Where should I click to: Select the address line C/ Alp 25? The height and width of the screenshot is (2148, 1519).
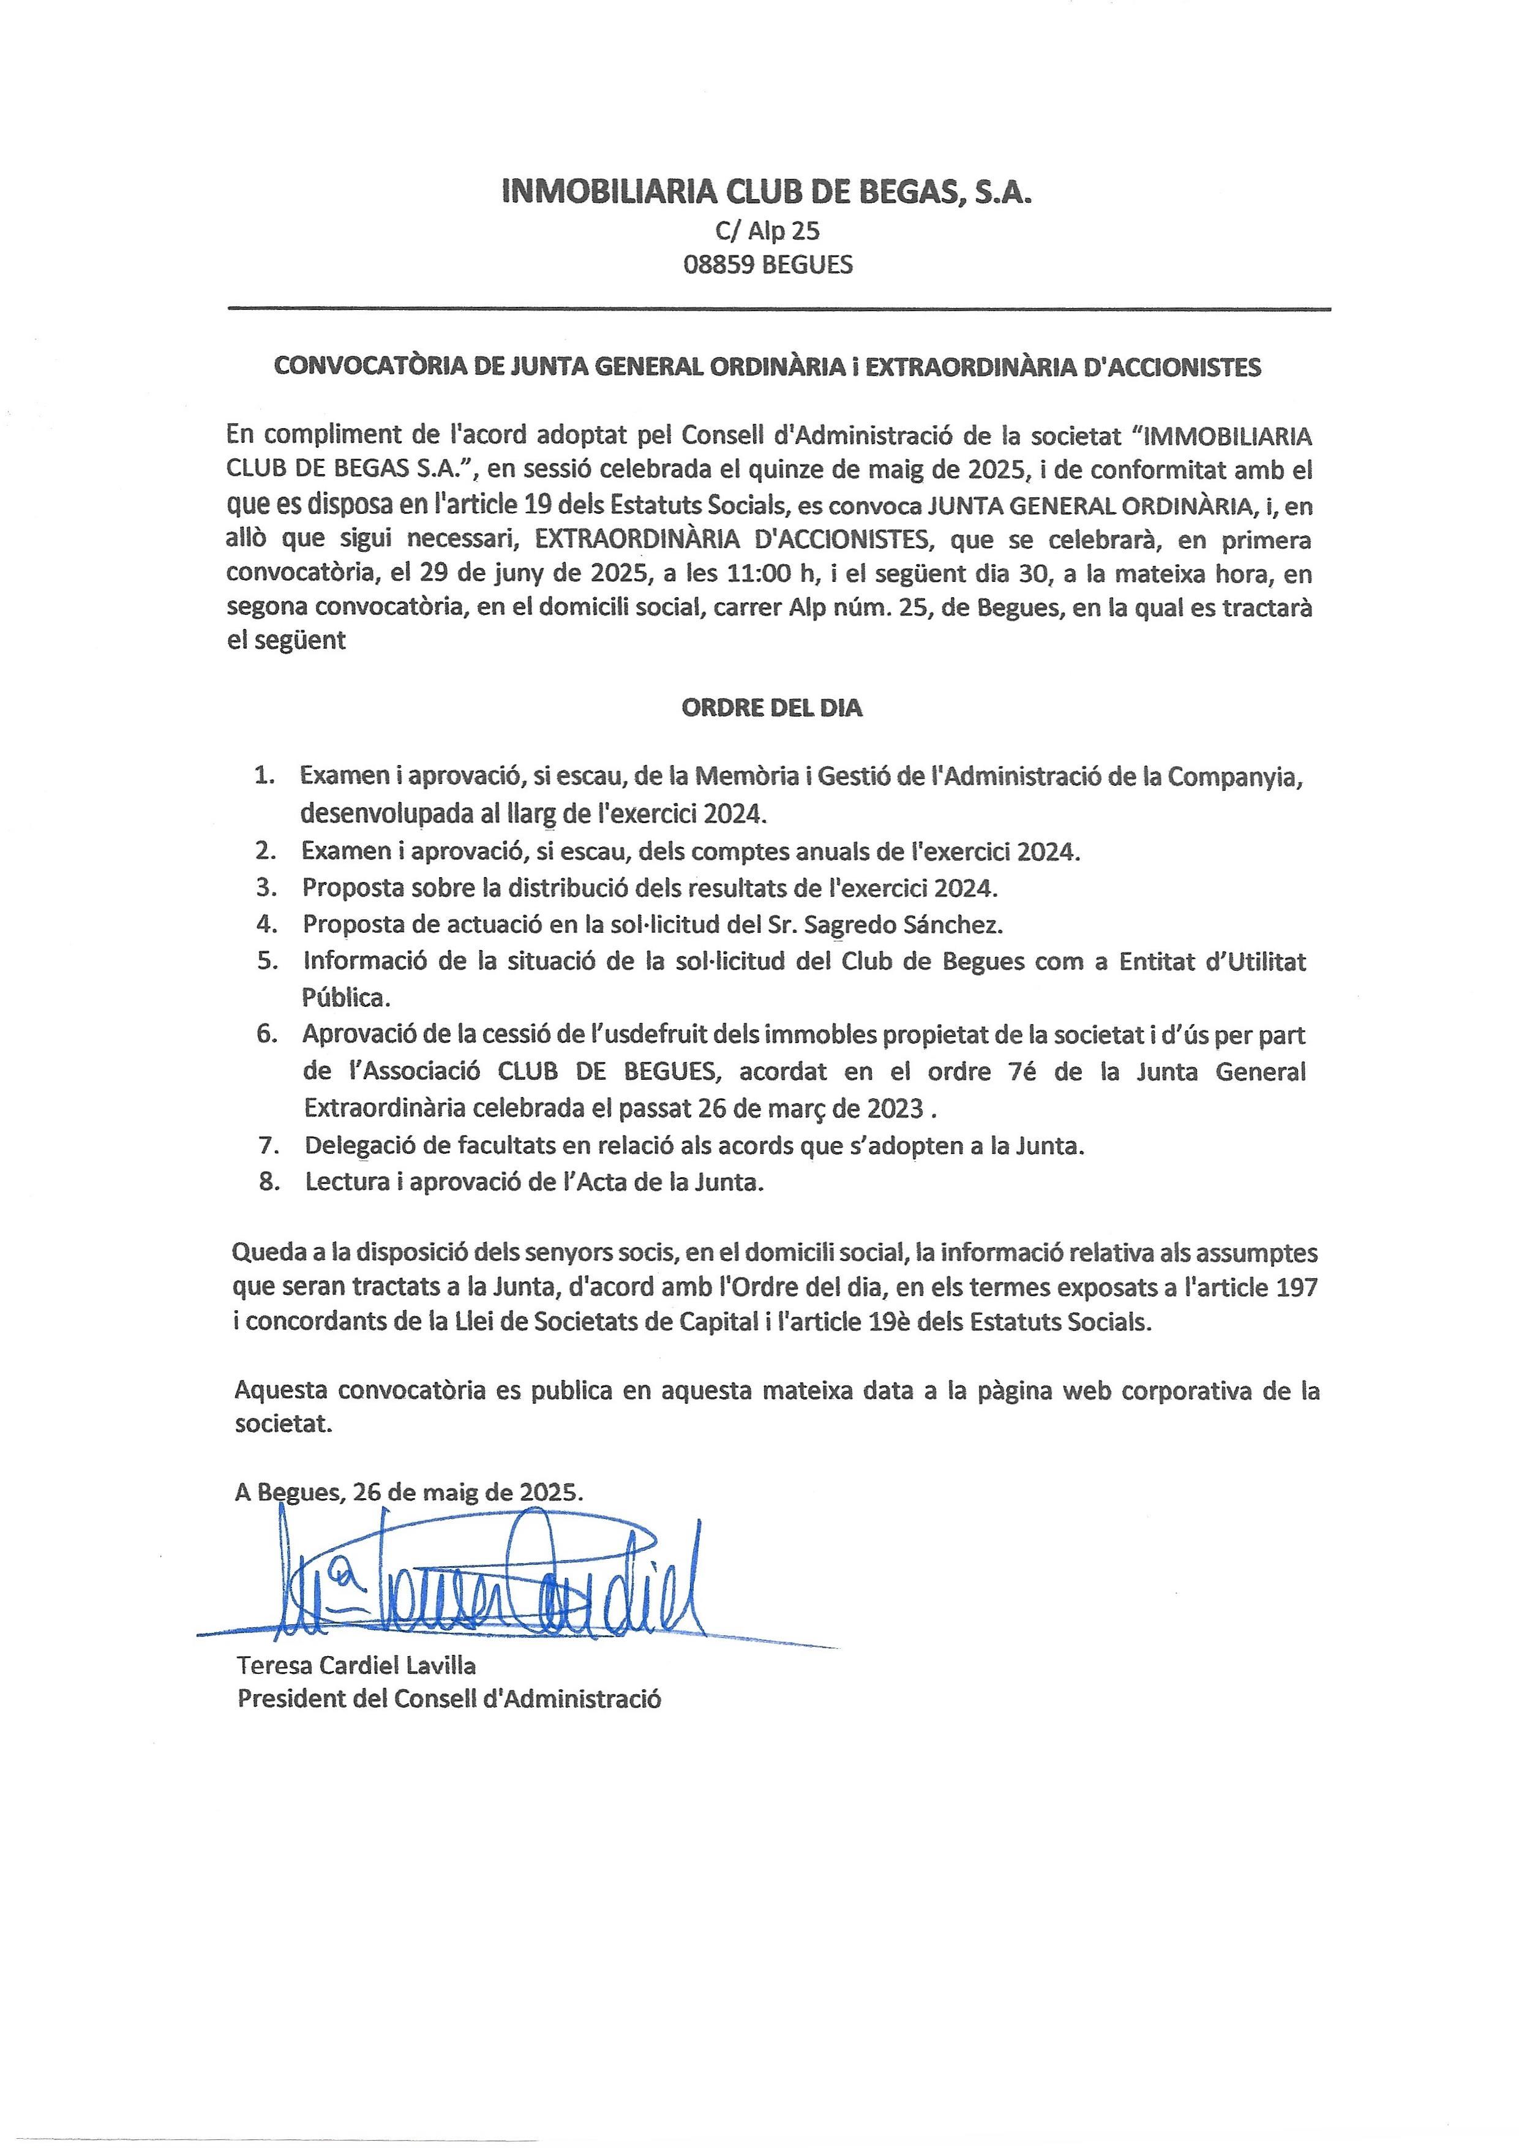(x=766, y=230)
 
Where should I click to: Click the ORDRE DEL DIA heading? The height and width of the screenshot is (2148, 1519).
(x=771, y=708)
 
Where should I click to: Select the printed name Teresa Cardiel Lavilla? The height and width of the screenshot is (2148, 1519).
(x=356, y=1664)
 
